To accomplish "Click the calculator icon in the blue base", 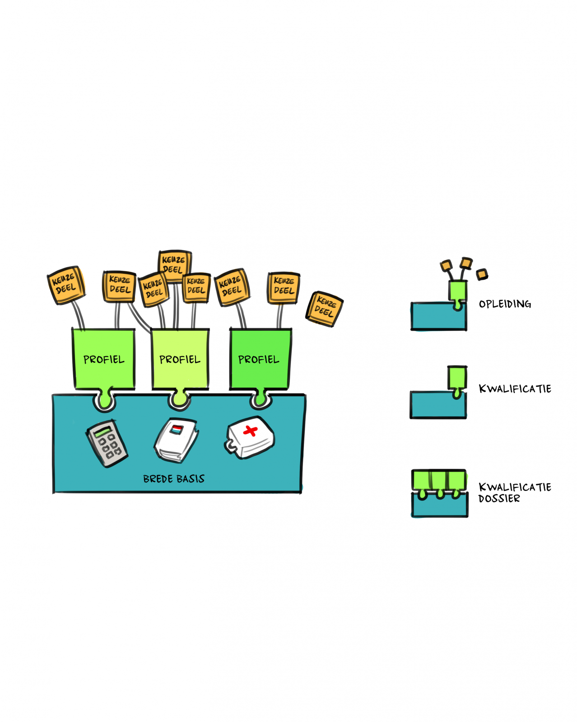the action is pyautogui.click(x=107, y=443).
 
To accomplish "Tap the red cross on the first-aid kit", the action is pyautogui.click(x=250, y=431).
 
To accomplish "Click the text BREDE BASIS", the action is pyautogui.click(x=173, y=479).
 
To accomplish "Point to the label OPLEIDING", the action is pyautogui.click(x=504, y=304).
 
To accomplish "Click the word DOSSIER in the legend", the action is pyautogui.click(x=499, y=499).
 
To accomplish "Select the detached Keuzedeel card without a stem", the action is pyautogui.click(x=324, y=309).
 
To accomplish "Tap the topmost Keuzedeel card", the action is pyautogui.click(x=175, y=266).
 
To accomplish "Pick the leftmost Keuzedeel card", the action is pyautogui.click(x=66, y=285).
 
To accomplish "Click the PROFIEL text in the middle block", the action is pyautogui.click(x=180, y=360).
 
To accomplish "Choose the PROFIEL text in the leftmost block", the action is pyautogui.click(x=104, y=360).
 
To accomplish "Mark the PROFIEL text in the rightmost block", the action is pyautogui.click(x=258, y=360).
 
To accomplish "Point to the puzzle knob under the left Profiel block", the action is pyautogui.click(x=105, y=399).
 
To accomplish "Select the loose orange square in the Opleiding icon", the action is pyautogui.click(x=482, y=274).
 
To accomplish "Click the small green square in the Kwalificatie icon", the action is pyautogui.click(x=457, y=377).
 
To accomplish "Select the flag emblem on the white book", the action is pyautogui.click(x=177, y=430).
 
